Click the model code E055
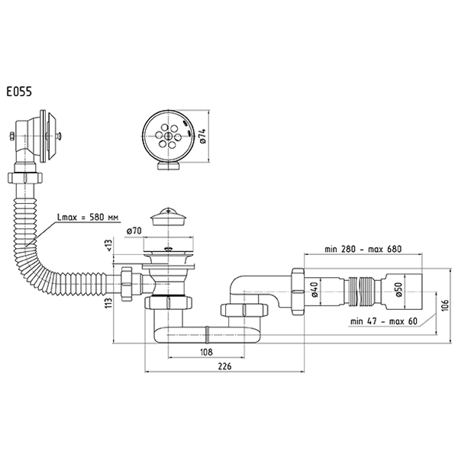pyautogui.click(x=19, y=92)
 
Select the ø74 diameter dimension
pyautogui.click(x=203, y=136)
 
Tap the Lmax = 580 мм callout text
pyautogui.click(x=88, y=217)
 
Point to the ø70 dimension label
pyautogui.click(x=134, y=231)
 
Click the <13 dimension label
pyautogui.click(x=108, y=245)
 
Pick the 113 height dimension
pyautogui.click(x=108, y=303)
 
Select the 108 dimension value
pyautogui.click(x=206, y=352)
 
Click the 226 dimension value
pyautogui.click(x=224, y=366)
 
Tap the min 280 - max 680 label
pyautogui.click(x=363, y=249)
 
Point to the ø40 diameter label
pyautogui.click(x=314, y=289)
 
